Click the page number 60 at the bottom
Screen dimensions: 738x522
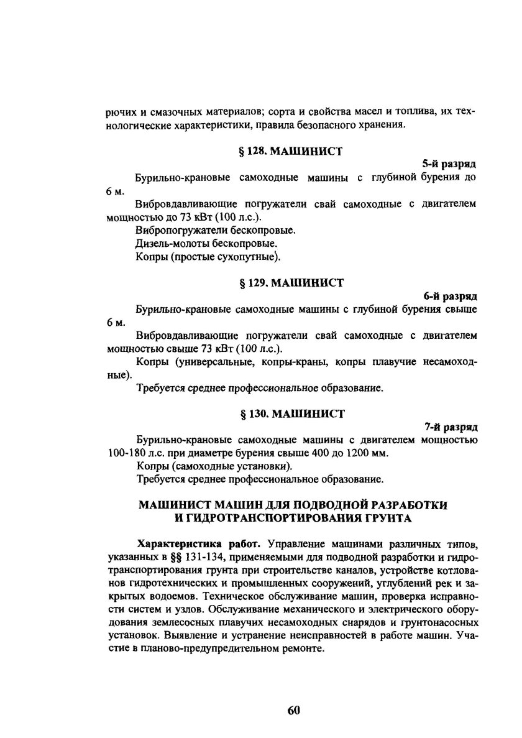[294, 711]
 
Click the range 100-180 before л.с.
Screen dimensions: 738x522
[128, 453]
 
